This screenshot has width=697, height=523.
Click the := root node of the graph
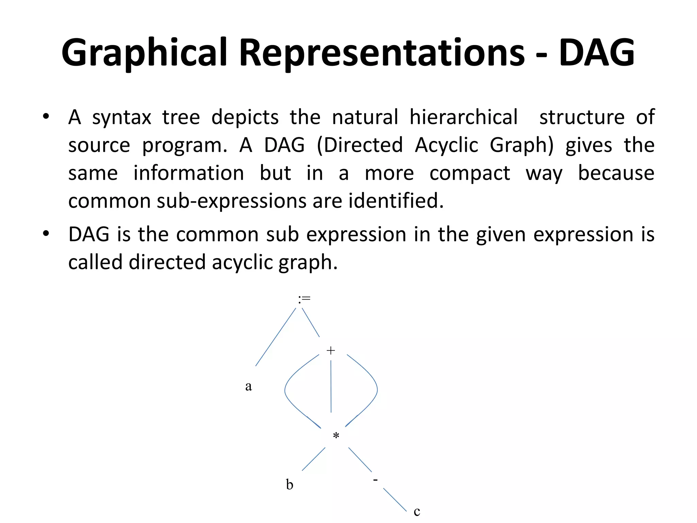[x=304, y=299]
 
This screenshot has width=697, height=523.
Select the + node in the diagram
[x=330, y=350]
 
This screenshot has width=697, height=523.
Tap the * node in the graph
[x=336, y=436]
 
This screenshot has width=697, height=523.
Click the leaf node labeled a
[x=248, y=386]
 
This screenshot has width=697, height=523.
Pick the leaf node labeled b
[x=289, y=484]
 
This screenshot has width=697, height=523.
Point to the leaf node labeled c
[x=417, y=511]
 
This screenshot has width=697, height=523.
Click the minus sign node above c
[x=375, y=480]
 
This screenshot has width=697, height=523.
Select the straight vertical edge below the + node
[x=331, y=386]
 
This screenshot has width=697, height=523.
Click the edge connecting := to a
[x=276, y=337]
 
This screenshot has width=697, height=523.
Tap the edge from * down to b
[x=313, y=459]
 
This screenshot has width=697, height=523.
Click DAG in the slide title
[x=596, y=53]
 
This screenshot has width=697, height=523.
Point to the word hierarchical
[x=464, y=117]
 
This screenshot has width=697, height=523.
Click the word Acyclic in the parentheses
[x=447, y=145]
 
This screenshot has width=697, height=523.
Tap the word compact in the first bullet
[x=470, y=173]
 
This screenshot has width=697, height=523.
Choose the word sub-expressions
[x=231, y=201]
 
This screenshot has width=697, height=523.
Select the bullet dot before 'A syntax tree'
[x=46, y=116]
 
